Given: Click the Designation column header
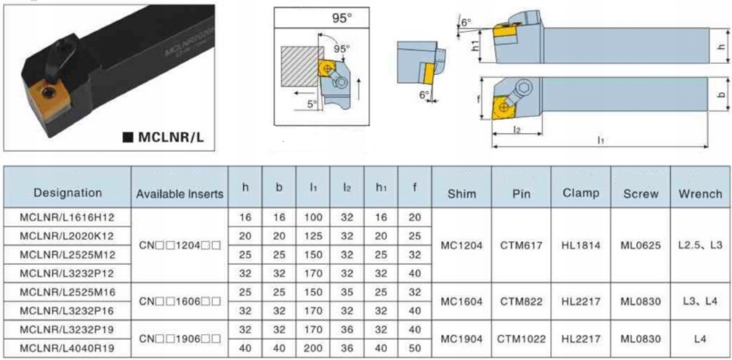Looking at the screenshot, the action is coord(68,193).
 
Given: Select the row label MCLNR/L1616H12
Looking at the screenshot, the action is coord(67,217).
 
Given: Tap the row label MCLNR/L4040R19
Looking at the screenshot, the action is coord(67,348).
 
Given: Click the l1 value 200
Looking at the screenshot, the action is coord(313,348).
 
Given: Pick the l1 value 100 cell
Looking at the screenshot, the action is coord(313,217).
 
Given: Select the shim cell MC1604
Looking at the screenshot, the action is coord(461,302).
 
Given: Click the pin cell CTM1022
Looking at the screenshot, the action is coord(521,339).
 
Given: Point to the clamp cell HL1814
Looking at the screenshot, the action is coord(581,246).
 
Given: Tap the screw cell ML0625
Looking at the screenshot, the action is coord(641,246).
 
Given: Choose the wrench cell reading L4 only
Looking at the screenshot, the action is coord(700,339).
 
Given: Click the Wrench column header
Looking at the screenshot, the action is coord(700,194).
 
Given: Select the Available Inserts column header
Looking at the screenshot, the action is coord(180,194).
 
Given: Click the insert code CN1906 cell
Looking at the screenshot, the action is coord(180,339).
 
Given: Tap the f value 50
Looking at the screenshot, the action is coord(415,348).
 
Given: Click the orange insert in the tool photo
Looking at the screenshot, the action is coord(48,100).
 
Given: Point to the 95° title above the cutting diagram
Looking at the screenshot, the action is coord(342,18).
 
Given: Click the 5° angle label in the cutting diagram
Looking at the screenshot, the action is coord(312,104).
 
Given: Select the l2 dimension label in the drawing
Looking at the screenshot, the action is coord(517,130).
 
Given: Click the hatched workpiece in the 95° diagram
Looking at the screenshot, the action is coord(301,67).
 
